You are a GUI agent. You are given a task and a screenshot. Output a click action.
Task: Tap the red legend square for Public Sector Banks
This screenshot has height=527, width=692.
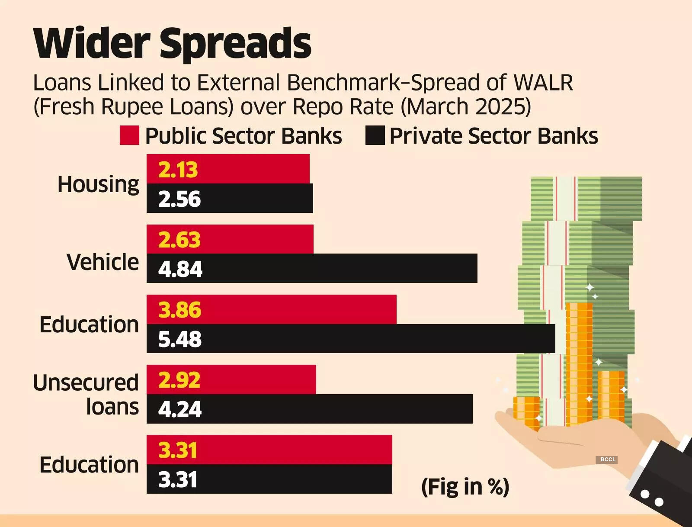129,135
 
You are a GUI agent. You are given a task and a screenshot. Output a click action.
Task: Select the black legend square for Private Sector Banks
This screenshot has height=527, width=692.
375,135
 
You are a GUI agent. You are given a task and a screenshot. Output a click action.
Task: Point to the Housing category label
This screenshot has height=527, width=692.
99,185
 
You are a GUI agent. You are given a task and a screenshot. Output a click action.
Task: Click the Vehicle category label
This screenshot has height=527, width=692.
103,262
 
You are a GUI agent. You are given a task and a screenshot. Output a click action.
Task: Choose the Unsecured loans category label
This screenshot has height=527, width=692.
86,395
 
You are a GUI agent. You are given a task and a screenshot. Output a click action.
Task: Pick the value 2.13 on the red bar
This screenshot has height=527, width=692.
178,170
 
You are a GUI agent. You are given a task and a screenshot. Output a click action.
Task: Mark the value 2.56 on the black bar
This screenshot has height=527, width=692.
179,199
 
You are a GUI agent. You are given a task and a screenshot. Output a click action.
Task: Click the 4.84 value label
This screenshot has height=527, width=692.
180,269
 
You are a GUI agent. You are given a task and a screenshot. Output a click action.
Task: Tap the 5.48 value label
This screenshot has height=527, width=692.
180,339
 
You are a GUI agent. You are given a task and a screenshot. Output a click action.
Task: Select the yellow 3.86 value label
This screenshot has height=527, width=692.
180,310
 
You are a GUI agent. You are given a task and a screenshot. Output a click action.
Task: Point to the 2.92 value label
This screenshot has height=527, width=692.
179,380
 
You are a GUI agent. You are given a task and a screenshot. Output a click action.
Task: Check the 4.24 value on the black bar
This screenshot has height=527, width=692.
180,409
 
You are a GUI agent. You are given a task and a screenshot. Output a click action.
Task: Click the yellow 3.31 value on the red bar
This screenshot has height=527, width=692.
178,450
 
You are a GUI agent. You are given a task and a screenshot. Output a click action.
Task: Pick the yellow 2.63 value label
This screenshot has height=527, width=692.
179,240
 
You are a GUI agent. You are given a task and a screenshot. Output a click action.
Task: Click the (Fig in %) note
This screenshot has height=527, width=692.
465,487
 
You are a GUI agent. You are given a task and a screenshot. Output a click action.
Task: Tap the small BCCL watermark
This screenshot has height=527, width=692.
608,460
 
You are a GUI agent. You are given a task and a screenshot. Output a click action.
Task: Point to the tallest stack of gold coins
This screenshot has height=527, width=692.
579,363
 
